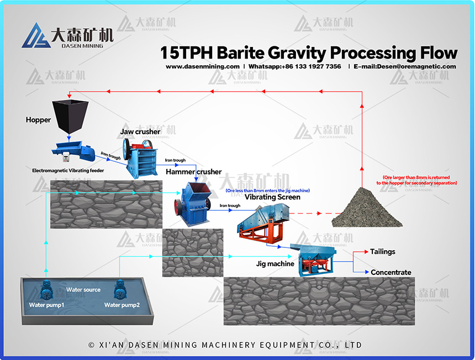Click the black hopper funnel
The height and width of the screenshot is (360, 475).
[70, 117]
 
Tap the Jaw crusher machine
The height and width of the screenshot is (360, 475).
[140, 158]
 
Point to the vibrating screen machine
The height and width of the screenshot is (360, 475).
[263, 224]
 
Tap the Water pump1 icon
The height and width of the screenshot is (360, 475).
[46, 290]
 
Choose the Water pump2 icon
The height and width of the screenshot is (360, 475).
[120, 289]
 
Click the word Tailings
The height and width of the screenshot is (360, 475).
[383, 252]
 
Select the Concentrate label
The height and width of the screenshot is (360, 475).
[391, 272]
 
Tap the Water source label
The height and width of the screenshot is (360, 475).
[83, 290]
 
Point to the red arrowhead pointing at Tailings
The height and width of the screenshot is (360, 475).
[366, 252]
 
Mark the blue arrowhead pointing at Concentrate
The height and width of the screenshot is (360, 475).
[367, 272]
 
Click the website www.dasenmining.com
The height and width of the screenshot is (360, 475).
[202, 66]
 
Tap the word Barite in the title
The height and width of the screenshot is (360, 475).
[240, 52]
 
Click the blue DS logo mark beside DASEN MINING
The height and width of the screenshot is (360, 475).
[36, 36]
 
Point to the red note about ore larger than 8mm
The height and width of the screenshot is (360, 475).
[417, 180]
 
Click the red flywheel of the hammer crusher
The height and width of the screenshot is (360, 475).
[177, 207]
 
